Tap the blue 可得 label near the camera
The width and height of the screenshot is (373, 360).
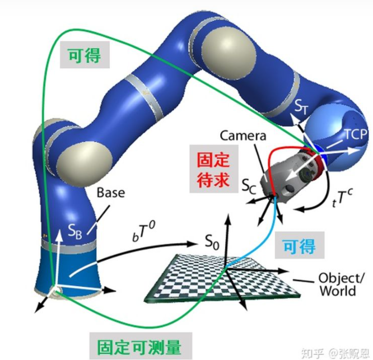[298, 245]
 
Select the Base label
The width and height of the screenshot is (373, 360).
[111, 193]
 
